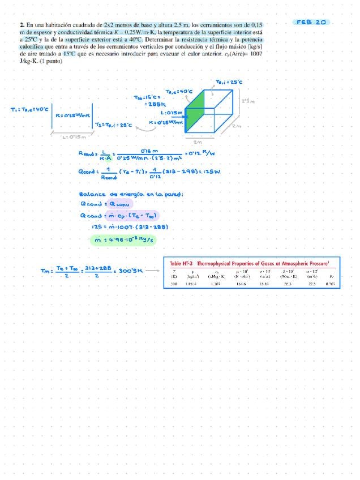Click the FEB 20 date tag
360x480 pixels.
[x=312, y=22]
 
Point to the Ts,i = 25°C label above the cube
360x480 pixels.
[x=229, y=82]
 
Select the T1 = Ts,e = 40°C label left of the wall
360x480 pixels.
[x=29, y=109]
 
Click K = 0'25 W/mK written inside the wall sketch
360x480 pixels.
[x=72, y=116]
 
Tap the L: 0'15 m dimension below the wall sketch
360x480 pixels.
[x=74, y=136]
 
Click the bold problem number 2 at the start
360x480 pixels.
[x=21, y=25]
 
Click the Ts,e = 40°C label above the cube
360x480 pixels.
[x=179, y=91]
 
